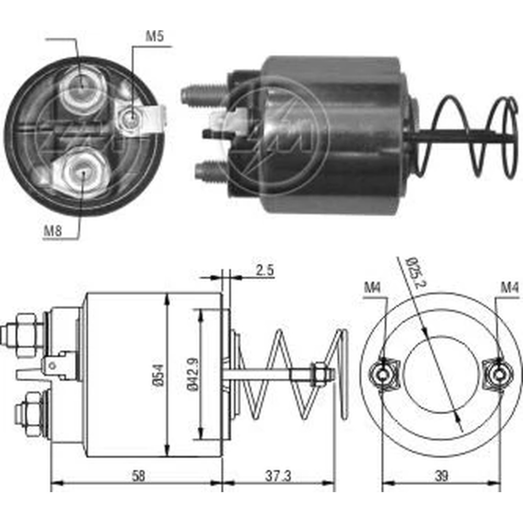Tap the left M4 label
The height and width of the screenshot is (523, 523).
coord(372,287)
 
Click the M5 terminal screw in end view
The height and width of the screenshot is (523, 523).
coord(131,119)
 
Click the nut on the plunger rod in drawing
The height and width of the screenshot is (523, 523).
coord(317,374)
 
